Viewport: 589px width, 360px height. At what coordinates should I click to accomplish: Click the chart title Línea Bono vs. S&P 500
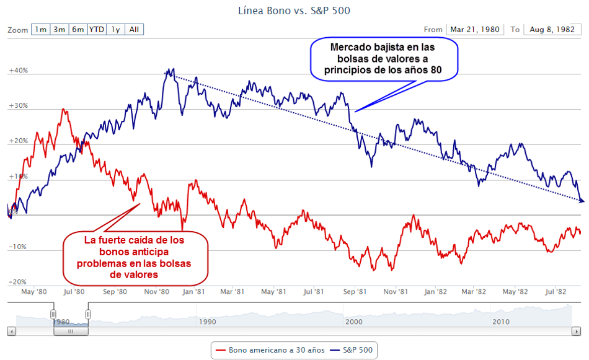294,11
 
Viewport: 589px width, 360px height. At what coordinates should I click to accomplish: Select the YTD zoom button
97,29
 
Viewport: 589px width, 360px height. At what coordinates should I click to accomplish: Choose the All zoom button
134,29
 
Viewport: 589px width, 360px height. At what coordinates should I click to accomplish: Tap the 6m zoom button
78,29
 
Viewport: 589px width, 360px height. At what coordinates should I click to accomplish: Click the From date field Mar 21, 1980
475,29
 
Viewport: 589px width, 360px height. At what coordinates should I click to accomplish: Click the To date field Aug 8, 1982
552,29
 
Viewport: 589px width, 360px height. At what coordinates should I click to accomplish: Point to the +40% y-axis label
19,70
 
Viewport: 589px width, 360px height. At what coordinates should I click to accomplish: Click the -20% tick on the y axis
17,282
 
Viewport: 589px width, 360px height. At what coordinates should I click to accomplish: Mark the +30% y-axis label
19,105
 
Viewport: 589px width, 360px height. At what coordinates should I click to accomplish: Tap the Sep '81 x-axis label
355,292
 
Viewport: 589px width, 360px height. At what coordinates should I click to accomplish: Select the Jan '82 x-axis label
435,292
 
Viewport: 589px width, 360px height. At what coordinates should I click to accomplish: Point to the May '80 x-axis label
34,292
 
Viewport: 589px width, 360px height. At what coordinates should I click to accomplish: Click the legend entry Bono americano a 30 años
270,350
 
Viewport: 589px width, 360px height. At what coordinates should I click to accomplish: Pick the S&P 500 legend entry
351,350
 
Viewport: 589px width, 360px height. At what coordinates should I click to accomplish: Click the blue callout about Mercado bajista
384,59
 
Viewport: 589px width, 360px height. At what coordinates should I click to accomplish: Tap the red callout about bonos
135,258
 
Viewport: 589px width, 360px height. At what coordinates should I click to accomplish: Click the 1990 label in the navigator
207,322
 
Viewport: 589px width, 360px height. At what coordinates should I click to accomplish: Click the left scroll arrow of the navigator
12,331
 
